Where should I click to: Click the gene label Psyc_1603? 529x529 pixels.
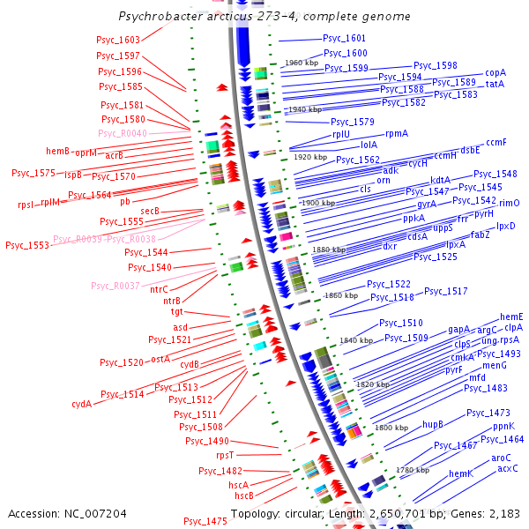118,41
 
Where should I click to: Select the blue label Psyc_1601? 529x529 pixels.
344,39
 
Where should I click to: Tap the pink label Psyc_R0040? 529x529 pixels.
122,133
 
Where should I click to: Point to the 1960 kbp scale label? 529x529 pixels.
301,63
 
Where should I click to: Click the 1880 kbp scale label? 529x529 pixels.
329,250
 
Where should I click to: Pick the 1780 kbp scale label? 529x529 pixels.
412,470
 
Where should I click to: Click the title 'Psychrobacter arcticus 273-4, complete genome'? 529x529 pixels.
264,17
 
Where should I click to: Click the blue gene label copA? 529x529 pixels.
495,73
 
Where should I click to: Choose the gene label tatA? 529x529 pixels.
495,84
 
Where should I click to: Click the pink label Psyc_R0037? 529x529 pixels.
115,286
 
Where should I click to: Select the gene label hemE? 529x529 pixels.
511,317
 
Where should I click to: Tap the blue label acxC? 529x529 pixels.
507,468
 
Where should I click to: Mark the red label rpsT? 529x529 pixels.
225,456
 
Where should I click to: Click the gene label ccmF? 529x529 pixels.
496,142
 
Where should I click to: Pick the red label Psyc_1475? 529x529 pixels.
205,521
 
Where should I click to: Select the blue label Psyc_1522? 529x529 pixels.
388,284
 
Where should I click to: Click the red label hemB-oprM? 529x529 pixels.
71,152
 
